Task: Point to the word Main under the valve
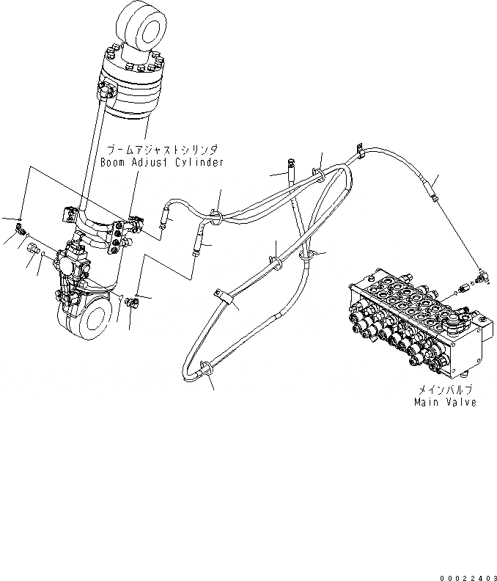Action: click(x=426, y=403)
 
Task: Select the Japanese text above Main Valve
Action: click(x=443, y=390)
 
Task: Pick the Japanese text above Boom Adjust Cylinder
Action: click(x=162, y=148)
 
